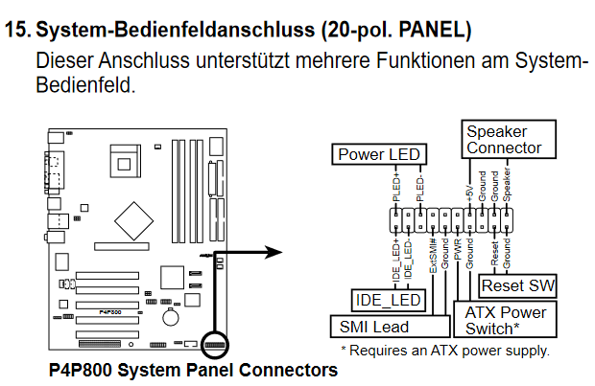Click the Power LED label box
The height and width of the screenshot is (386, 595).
[380, 154]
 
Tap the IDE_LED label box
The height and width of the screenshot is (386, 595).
[390, 300]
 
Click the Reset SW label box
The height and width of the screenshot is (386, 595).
[519, 286]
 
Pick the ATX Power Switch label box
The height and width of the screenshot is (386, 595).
[506, 321]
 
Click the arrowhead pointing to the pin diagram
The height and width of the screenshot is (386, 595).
[274, 253]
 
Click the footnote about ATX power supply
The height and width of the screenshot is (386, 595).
[445, 351]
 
